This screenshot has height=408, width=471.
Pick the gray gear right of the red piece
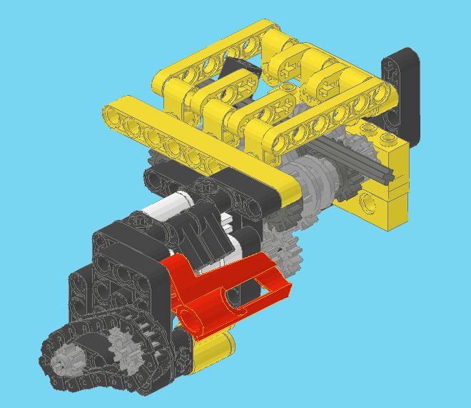[x=285, y=250]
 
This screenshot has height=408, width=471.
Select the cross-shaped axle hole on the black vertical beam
[x=394, y=69]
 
